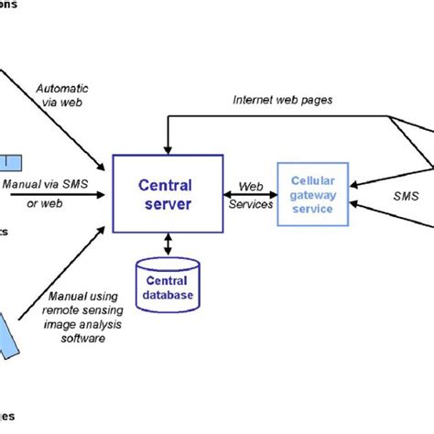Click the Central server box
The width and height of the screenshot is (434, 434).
164,193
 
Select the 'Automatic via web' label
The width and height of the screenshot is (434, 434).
62,96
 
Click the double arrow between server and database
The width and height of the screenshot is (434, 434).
167,244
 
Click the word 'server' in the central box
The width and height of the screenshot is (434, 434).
164,204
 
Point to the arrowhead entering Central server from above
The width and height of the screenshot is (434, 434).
164,148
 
